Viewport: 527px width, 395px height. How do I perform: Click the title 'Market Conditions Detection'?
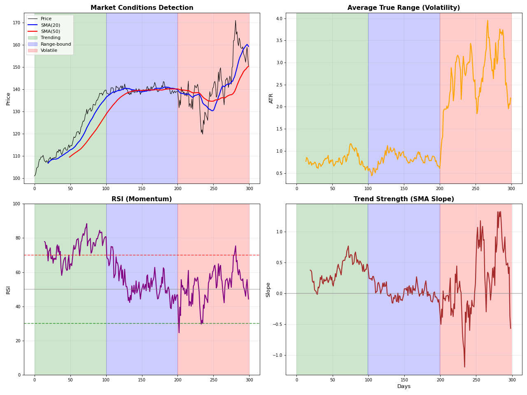(142, 8)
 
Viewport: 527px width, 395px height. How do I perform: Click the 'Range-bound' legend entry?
(56, 44)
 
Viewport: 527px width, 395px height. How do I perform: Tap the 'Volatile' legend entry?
(49, 51)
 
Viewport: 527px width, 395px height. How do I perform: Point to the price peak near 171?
(236, 21)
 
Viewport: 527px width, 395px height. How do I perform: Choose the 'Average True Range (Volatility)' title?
(403, 8)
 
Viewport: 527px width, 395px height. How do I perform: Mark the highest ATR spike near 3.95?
(487, 21)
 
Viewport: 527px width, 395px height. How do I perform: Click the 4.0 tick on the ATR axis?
(279, 19)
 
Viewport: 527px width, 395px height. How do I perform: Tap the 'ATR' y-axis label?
(271, 98)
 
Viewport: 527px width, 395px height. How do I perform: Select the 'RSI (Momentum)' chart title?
(142, 199)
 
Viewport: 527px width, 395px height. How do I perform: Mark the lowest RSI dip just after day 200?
(179, 332)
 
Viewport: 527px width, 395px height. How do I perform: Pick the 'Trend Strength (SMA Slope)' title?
(403, 199)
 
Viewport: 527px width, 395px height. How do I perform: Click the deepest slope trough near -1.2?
(464, 367)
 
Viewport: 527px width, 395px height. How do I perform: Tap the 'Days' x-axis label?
(403, 386)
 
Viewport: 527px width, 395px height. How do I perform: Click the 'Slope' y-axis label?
(268, 289)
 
